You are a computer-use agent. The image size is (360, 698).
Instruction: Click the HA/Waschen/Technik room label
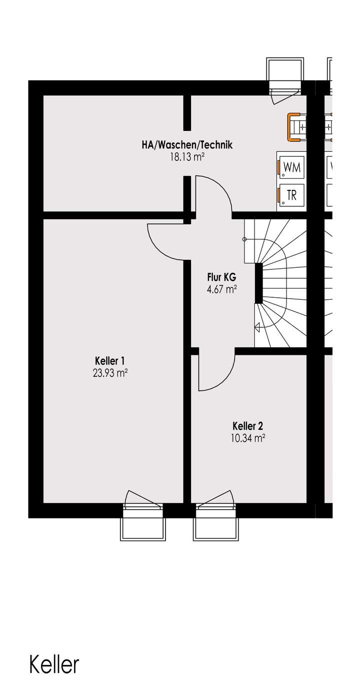click(187, 145)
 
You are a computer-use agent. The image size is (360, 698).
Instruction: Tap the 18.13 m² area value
click(187, 157)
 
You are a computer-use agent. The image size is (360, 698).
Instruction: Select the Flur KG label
click(221, 277)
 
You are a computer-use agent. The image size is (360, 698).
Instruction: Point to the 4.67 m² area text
click(221, 288)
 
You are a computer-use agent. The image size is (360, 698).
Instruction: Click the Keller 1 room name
click(109, 361)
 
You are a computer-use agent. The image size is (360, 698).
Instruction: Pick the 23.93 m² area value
click(109, 372)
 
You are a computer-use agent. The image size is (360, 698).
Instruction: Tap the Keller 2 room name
click(248, 426)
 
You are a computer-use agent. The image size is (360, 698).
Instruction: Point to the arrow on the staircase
click(258, 328)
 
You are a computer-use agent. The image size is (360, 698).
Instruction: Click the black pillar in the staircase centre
click(258, 283)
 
